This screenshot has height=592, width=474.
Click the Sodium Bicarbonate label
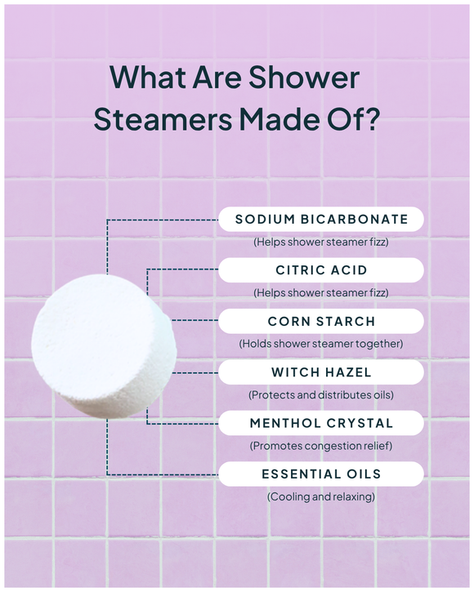(321, 219)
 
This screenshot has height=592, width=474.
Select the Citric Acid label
(321, 270)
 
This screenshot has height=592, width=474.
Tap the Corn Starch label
(321, 321)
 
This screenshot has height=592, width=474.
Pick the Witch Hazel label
(321, 372)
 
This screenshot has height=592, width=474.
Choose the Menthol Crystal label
(321, 423)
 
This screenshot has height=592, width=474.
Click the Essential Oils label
(321, 474)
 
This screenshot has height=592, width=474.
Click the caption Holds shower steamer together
(321, 344)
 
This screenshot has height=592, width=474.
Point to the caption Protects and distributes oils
(321, 394)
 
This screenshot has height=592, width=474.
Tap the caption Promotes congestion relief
(321, 446)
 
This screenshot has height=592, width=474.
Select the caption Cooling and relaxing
(321, 496)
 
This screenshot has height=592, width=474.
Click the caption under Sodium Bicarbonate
(321, 242)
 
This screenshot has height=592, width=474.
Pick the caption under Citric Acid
(321, 292)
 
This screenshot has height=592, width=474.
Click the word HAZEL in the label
(349, 372)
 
